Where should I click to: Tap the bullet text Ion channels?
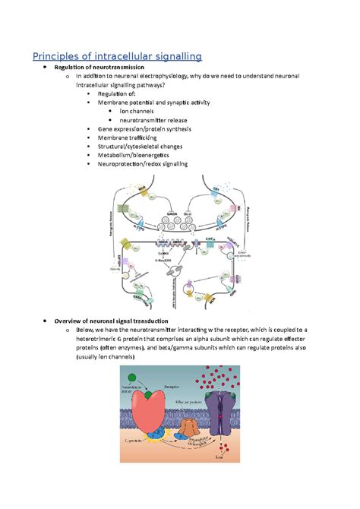coord(144,111)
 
